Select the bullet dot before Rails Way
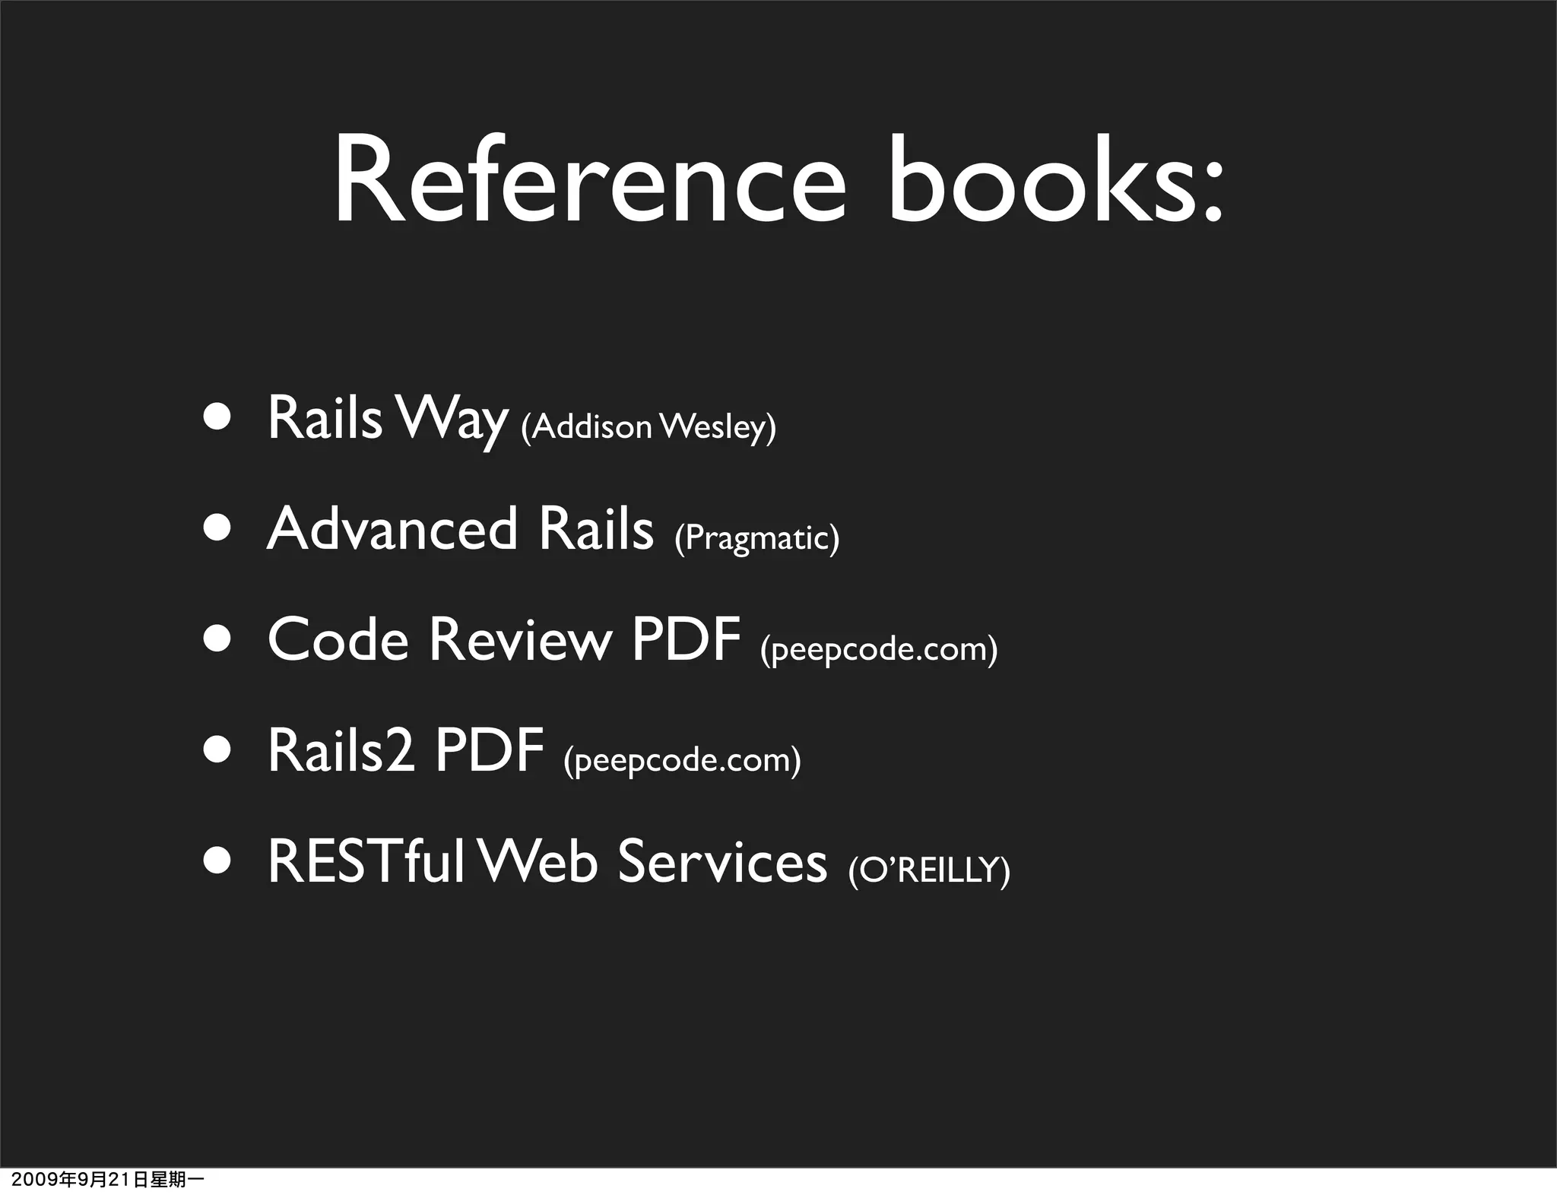[217, 417]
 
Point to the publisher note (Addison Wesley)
[648, 426]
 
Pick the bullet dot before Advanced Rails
[217, 528]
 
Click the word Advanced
[392, 529]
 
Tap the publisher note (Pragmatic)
[756, 538]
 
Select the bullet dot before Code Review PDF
[217, 639]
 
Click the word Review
[520, 640]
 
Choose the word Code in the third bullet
[338, 640]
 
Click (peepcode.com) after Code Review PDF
[878, 649]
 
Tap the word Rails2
[341, 751]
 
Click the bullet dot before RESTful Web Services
[217, 861]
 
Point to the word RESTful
[366, 862]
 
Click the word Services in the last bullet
[721, 862]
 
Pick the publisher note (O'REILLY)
[928, 870]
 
